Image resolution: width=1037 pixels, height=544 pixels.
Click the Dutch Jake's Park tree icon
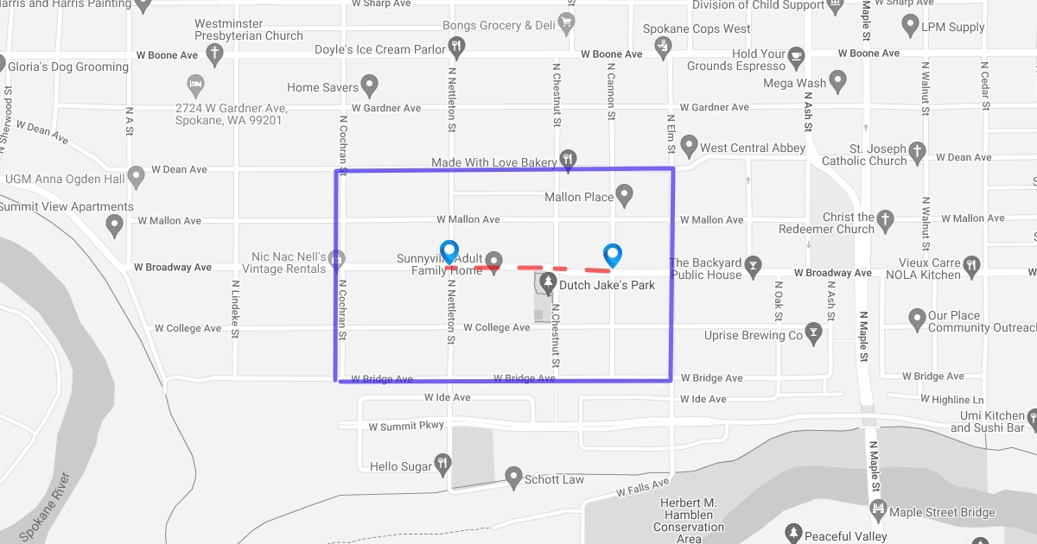(x=547, y=281)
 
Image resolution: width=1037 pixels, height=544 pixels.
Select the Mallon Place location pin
(x=624, y=194)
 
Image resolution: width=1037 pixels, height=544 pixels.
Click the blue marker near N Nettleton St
(x=449, y=251)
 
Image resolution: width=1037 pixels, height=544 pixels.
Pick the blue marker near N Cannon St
(x=613, y=255)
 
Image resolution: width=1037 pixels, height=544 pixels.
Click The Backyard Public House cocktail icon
(x=754, y=264)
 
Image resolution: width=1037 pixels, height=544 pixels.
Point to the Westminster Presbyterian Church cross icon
(x=214, y=52)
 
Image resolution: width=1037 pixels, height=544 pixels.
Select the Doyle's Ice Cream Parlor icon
(x=457, y=46)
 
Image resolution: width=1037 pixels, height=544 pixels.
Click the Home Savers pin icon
(x=370, y=85)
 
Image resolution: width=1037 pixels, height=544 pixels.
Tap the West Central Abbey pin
(x=689, y=144)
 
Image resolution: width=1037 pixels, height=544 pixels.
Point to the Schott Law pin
(x=513, y=477)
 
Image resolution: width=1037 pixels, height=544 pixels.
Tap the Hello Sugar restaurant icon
(x=442, y=464)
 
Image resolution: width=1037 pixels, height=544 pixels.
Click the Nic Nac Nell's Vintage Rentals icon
(x=337, y=257)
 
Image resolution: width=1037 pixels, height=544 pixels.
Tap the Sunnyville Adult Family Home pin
(x=493, y=260)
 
